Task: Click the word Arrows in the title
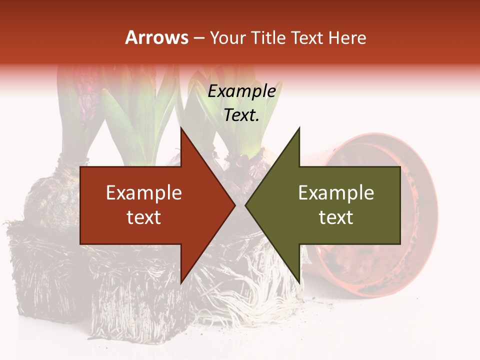pyautogui.click(x=157, y=37)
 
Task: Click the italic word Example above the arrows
pyautogui.click(x=241, y=91)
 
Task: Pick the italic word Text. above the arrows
pyautogui.click(x=241, y=115)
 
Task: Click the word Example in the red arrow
pyautogui.click(x=144, y=193)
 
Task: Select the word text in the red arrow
pyautogui.click(x=144, y=217)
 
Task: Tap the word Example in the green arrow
pyautogui.click(x=336, y=193)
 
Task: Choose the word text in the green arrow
pyautogui.click(x=336, y=217)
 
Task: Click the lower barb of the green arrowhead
pyautogui.click(x=298, y=281)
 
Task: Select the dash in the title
pyautogui.click(x=198, y=38)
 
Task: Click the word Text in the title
pyautogui.click(x=307, y=37)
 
